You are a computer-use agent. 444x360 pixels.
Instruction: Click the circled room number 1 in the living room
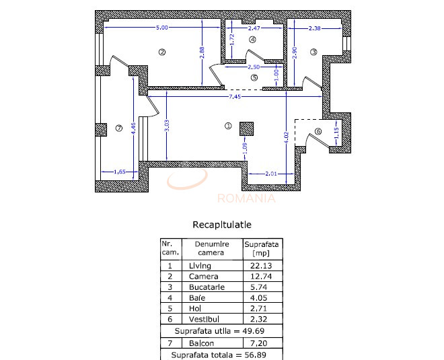227,125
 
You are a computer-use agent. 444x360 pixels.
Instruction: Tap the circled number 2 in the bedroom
161,52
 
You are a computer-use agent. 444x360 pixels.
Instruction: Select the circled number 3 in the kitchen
314,52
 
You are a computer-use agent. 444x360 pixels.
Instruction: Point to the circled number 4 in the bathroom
253,40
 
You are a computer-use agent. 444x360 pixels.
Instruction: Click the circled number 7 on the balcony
119,129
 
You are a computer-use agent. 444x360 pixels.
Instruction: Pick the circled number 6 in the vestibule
319,131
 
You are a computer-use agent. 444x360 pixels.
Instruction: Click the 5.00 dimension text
161,28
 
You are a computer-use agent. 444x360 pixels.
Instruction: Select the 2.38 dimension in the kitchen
314,28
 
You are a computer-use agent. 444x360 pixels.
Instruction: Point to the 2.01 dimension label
270,173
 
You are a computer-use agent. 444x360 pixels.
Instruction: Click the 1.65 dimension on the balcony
120,171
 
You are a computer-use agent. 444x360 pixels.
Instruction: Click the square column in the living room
246,129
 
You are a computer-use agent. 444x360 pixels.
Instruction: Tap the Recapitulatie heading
222,225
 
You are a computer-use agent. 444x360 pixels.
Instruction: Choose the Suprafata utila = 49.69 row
221,331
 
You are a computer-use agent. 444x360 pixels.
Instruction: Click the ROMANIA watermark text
246,198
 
